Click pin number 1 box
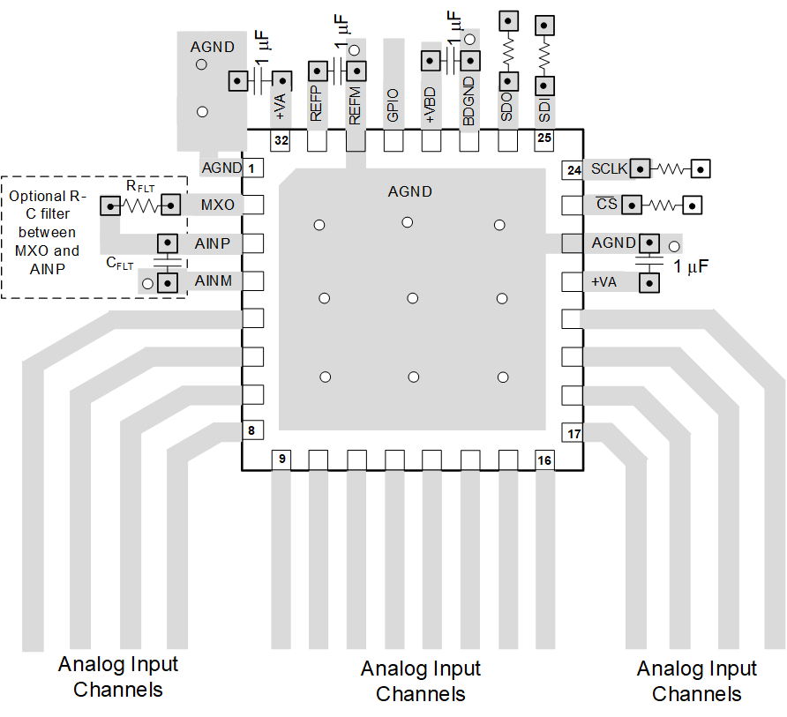[x=252, y=168]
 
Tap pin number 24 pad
[x=573, y=169]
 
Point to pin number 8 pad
[x=252, y=431]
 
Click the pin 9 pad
[x=281, y=459]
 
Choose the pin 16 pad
[x=544, y=459]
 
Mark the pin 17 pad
[x=573, y=434]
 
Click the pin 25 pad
[x=544, y=139]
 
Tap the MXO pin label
[x=217, y=205]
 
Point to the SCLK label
[x=608, y=168]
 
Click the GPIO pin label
[x=393, y=105]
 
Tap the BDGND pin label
[x=469, y=100]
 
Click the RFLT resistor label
[x=140, y=186]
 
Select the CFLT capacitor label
[x=120, y=262]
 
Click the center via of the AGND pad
[x=412, y=299]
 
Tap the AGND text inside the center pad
[x=410, y=191]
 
